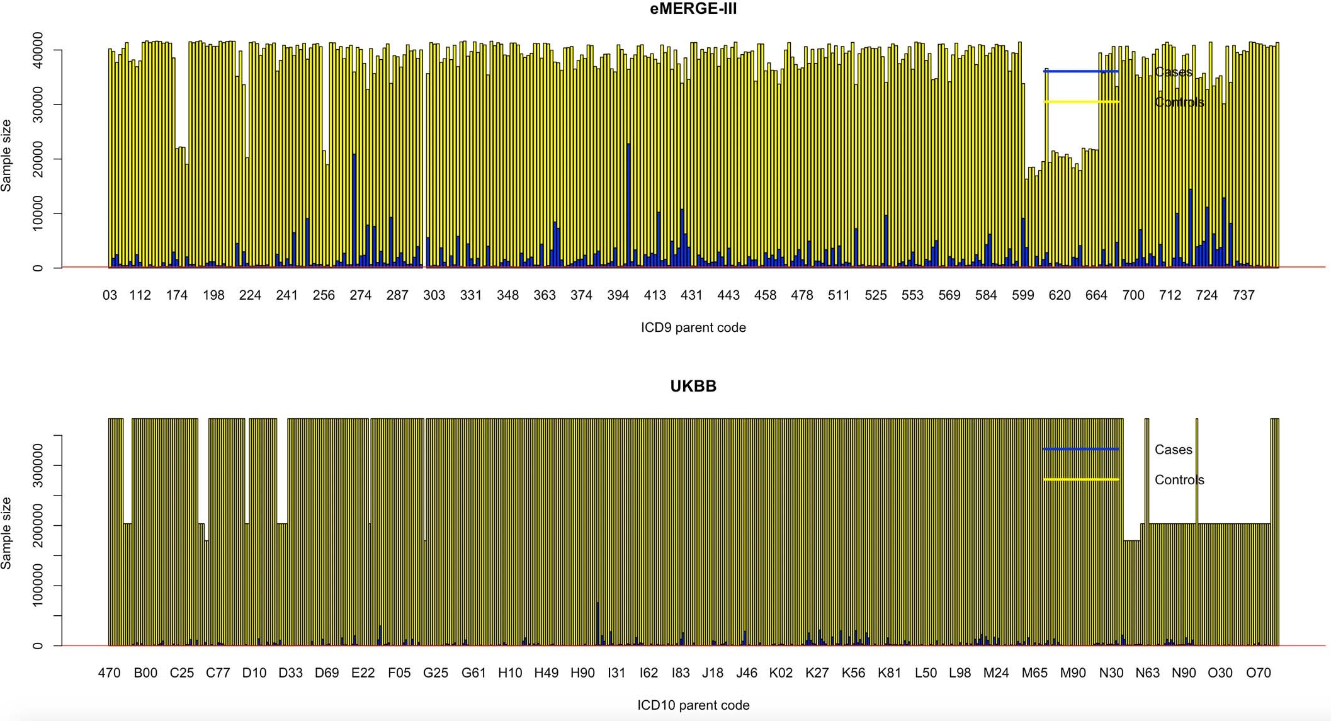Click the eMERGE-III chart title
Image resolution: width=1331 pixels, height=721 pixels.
[x=693, y=9]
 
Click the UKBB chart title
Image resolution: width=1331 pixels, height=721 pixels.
[x=693, y=386]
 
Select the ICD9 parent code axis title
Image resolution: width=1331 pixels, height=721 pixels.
[x=693, y=327]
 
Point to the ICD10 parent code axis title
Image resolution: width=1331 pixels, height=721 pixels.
[x=693, y=705]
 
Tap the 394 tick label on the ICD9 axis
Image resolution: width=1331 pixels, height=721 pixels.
[x=618, y=295]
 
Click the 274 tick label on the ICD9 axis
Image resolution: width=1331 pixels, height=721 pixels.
[x=361, y=295]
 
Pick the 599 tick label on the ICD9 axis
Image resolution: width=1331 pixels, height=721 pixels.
[x=1023, y=295]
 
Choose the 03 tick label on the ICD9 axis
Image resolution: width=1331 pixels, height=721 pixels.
[x=110, y=295]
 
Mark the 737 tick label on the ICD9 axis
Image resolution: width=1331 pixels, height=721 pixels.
[x=1243, y=295]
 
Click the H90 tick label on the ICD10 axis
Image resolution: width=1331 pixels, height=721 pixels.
[x=582, y=673]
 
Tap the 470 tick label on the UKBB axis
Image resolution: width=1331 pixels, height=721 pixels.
[x=109, y=673]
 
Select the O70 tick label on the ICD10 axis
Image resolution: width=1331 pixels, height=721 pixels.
[x=1259, y=673]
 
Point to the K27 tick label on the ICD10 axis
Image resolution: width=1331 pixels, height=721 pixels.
[x=817, y=673]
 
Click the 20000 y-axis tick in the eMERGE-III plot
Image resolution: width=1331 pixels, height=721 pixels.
[x=37, y=159]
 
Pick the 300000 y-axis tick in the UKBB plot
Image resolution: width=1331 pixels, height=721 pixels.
[x=37, y=465]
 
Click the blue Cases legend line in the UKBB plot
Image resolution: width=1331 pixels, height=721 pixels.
[x=1080, y=449]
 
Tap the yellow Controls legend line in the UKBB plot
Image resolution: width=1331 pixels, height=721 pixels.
[x=1080, y=479]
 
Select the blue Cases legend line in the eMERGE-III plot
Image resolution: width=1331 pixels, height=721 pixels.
[x=1080, y=71]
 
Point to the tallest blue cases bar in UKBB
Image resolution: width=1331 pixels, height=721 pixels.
[x=598, y=623]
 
